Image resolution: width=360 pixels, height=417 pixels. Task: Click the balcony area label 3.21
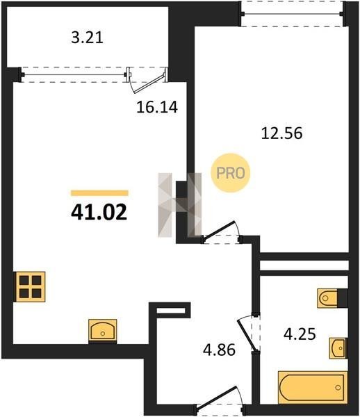pyautogui.click(x=87, y=38)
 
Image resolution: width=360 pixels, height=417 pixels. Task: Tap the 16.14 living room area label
pyautogui.click(x=157, y=108)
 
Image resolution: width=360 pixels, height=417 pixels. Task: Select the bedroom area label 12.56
pyautogui.click(x=282, y=133)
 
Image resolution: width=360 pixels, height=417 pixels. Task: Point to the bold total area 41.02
pyautogui.click(x=99, y=213)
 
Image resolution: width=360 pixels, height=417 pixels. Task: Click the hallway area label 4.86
pyautogui.click(x=219, y=350)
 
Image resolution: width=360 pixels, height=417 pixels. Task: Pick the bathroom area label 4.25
pyautogui.click(x=300, y=334)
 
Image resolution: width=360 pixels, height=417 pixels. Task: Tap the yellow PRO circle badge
pyautogui.click(x=231, y=173)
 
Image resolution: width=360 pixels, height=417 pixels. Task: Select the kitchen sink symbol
pyautogui.click(x=103, y=330)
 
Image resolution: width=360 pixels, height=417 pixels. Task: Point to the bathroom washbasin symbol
pyautogui.click(x=338, y=348)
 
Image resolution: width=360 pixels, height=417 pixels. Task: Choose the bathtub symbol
pyautogui.click(x=313, y=388)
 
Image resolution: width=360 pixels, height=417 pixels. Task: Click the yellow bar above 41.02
pyautogui.click(x=99, y=193)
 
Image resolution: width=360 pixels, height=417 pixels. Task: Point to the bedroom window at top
pyautogui.click(x=293, y=14)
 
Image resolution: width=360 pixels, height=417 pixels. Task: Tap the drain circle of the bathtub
pyautogui.click(x=338, y=388)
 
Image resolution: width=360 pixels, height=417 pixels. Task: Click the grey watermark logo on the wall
pyautogui.click(x=180, y=205)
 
